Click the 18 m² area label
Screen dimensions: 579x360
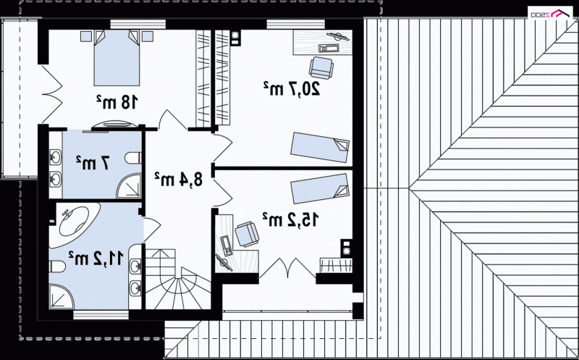117,102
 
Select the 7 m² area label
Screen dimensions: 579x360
93,163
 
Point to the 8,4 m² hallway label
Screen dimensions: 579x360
178,179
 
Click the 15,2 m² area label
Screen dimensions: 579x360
290,219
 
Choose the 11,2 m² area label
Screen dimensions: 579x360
96,258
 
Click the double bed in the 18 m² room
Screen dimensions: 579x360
117,58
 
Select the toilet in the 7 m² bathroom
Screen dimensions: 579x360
133,158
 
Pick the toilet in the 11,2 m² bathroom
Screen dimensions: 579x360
57,266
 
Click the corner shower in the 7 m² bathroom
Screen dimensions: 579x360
129,186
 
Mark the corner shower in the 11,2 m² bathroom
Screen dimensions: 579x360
62,296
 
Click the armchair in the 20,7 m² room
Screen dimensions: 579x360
321,67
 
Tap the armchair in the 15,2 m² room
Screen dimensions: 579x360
247,233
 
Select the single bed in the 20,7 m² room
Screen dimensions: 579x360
320,147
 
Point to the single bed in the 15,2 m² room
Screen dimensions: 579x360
320,188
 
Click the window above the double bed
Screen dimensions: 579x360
138,25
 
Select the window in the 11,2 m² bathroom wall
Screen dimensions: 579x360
101,315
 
